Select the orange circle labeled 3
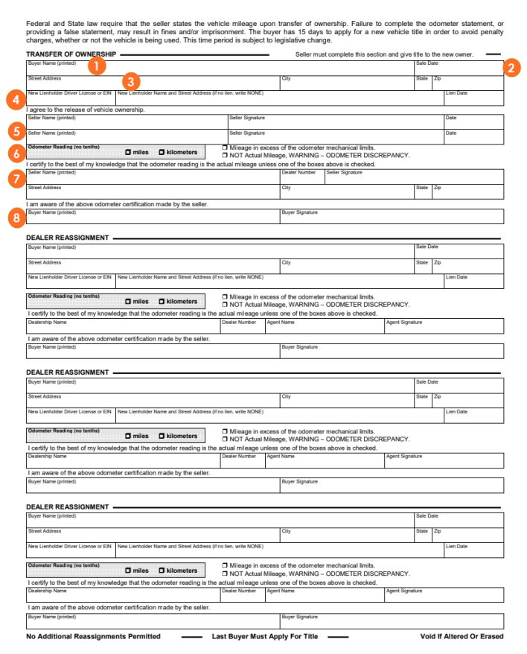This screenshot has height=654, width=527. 131,80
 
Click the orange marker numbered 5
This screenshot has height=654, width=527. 13,130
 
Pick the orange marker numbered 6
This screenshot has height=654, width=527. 13,153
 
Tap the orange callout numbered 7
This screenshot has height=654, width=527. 13,179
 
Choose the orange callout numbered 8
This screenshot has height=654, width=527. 13,218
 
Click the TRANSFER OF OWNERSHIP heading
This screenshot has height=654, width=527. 71,54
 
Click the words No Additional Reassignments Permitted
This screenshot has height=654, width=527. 93,637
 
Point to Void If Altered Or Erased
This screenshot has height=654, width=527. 461,637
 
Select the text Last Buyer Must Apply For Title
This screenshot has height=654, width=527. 265,637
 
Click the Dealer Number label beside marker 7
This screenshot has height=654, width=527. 298,172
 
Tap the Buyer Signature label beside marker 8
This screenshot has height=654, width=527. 299,212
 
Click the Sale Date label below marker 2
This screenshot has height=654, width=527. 427,63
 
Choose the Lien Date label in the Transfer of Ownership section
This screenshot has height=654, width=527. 456,93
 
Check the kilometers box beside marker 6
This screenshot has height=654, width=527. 162,153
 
